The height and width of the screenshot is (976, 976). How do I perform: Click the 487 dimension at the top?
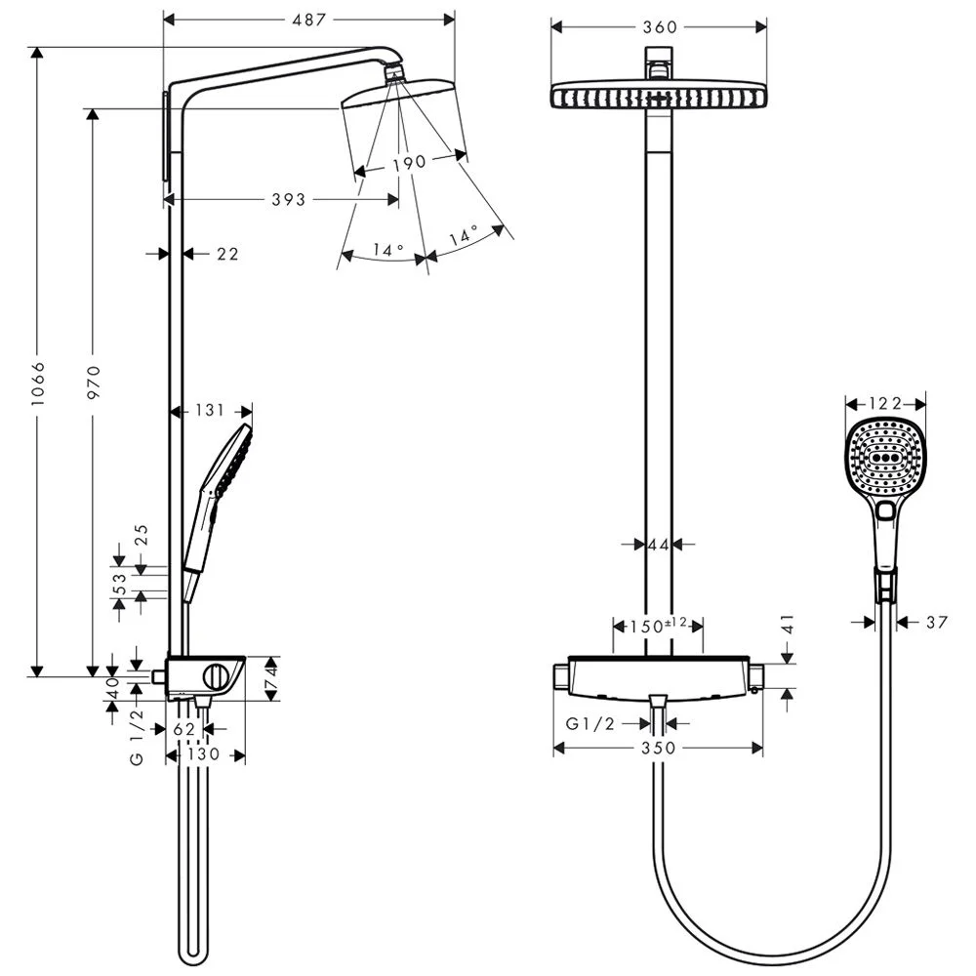pyautogui.click(x=310, y=20)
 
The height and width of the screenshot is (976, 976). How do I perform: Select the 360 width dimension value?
pyautogui.click(x=660, y=27)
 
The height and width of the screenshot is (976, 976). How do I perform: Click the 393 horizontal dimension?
pyautogui.click(x=287, y=200)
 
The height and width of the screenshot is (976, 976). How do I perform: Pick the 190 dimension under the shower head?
pyautogui.click(x=409, y=163)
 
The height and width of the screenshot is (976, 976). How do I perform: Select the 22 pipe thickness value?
pyautogui.click(x=227, y=254)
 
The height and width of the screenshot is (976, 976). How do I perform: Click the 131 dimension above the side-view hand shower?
pyautogui.click(x=210, y=411)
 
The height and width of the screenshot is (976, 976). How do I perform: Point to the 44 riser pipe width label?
pyautogui.click(x=659, y=544)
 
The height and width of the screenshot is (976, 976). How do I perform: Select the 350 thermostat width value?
pyautogui.click(x=659, y=748)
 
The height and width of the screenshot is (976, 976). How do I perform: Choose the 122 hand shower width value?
pyautogui.click(x=884, y=403)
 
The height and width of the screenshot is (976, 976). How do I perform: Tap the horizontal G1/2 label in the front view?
pyautogui.click(x=591, y=724)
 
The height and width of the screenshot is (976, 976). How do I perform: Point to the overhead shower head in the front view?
pyautogui.click(x=659, y=97)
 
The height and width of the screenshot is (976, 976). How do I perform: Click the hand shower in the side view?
pyautogui.click(x=220, y=488)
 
